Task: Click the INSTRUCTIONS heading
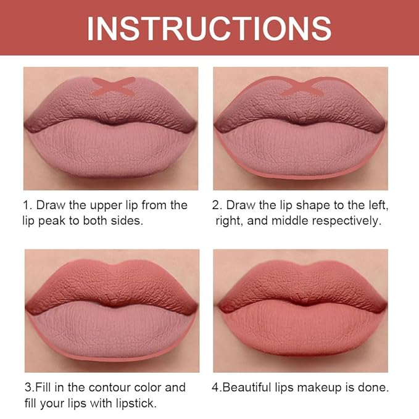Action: click(209, 28)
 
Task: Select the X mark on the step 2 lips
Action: click(302, 86)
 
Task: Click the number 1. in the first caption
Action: click(29, 205)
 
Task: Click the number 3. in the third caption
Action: click(29, 388)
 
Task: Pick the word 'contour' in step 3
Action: click(123, 388)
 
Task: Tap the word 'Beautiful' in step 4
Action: click(249, 388)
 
